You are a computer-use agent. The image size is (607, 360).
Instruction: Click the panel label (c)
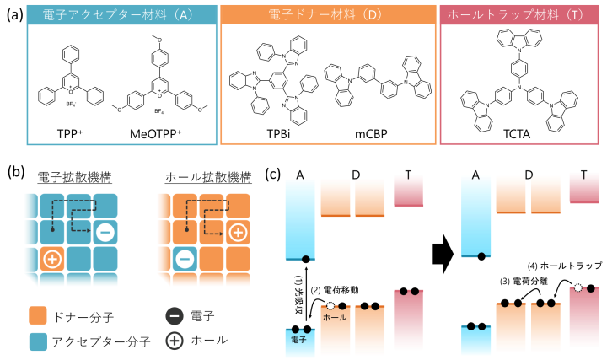pyautogui.click(x=271, y=175)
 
